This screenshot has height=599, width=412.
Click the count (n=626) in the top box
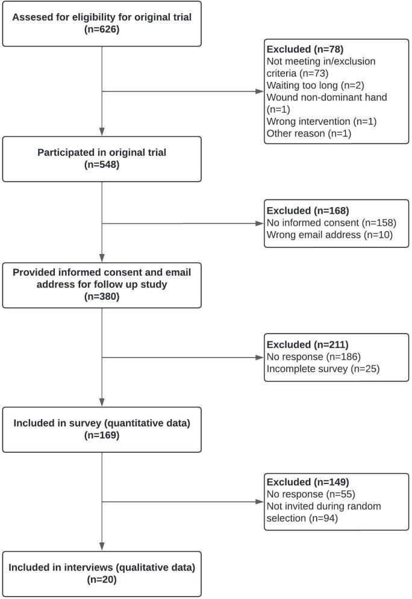coord(102,29)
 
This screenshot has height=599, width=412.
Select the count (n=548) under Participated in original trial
coord(102,164)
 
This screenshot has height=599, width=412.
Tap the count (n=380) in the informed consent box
coord(102,296)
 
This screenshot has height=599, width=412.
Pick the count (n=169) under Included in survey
coord(102,435)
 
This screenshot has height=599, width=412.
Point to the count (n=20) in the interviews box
coord(102,580)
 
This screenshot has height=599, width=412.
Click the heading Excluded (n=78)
coord(305,49)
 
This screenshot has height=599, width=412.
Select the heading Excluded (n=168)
coord(308,211)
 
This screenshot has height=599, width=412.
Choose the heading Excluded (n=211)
coord(308,344)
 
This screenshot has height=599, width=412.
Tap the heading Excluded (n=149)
coord(308,482)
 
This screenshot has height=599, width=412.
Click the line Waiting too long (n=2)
coord(315,85)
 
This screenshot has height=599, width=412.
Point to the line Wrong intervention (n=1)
coord(322,122)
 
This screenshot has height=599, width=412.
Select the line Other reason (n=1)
coord(309,133)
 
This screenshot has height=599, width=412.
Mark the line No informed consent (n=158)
coord(331,223)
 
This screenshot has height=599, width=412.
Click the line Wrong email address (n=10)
coord(329,235)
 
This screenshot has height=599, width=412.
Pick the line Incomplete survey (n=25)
coord(323,368)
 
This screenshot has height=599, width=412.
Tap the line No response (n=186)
coord(313,357)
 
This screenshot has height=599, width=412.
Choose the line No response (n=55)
coord(311,494)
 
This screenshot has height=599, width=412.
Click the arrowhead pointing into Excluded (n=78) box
coord(260,92)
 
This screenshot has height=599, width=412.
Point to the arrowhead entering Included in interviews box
coord(102,547)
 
